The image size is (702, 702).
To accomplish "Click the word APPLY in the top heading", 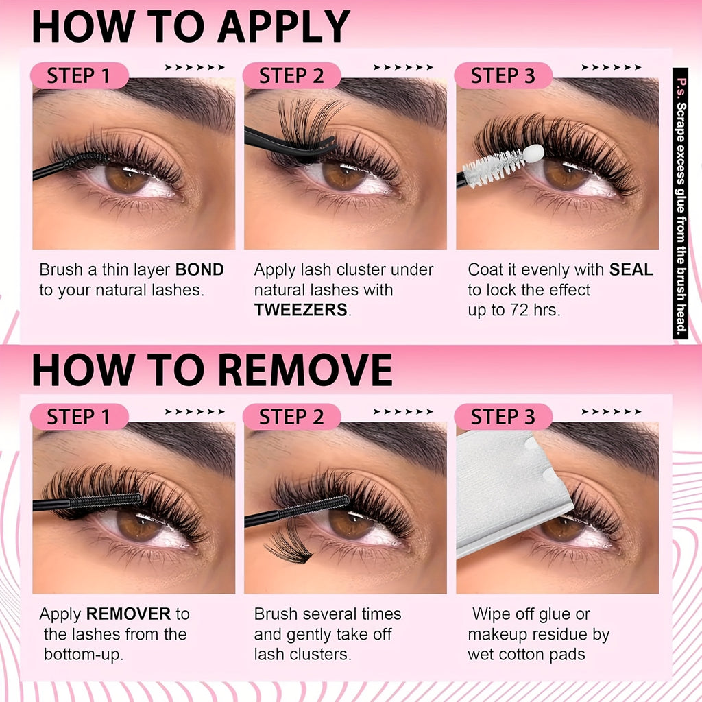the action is point(284,27).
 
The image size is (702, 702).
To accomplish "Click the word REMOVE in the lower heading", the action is point(305,370).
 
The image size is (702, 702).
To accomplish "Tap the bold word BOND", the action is point(199,269).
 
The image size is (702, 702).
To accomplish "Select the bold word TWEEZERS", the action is point(301,309).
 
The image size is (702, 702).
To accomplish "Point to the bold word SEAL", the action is point(631,269).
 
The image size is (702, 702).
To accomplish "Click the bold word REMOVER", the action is point(128,614).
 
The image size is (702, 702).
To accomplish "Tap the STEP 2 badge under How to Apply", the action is point(291,75).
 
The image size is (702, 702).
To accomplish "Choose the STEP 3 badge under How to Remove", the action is point(503,417).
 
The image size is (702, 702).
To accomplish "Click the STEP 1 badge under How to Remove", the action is point(80,417).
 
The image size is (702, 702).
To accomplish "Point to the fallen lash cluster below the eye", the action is point(287,544).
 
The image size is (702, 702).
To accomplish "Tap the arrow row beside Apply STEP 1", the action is point(195,68).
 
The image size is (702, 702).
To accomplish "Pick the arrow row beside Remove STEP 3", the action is point(612,412).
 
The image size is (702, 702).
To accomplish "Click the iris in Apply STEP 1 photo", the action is point(127,178).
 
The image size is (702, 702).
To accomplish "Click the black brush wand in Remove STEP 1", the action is point(87,502).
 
